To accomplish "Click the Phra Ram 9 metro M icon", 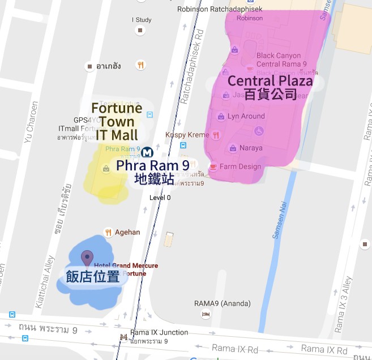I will coord(147,152).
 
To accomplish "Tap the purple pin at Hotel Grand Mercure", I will coord(87,258).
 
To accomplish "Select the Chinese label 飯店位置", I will coord(93,277).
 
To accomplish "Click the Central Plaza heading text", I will coord(270,81).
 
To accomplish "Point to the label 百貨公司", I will coord(270,94).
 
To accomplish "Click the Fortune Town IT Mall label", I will coord(117,121).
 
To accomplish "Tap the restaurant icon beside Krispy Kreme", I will coord(215,135).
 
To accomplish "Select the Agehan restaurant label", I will coord(127,232).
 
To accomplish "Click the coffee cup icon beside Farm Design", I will coord(213,167).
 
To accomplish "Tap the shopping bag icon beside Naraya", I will coord(233,148).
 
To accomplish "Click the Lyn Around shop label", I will coord(246,116).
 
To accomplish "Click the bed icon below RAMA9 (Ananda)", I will coord(207,314).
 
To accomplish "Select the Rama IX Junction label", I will coord(159,332).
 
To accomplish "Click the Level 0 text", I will coord(160,198).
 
